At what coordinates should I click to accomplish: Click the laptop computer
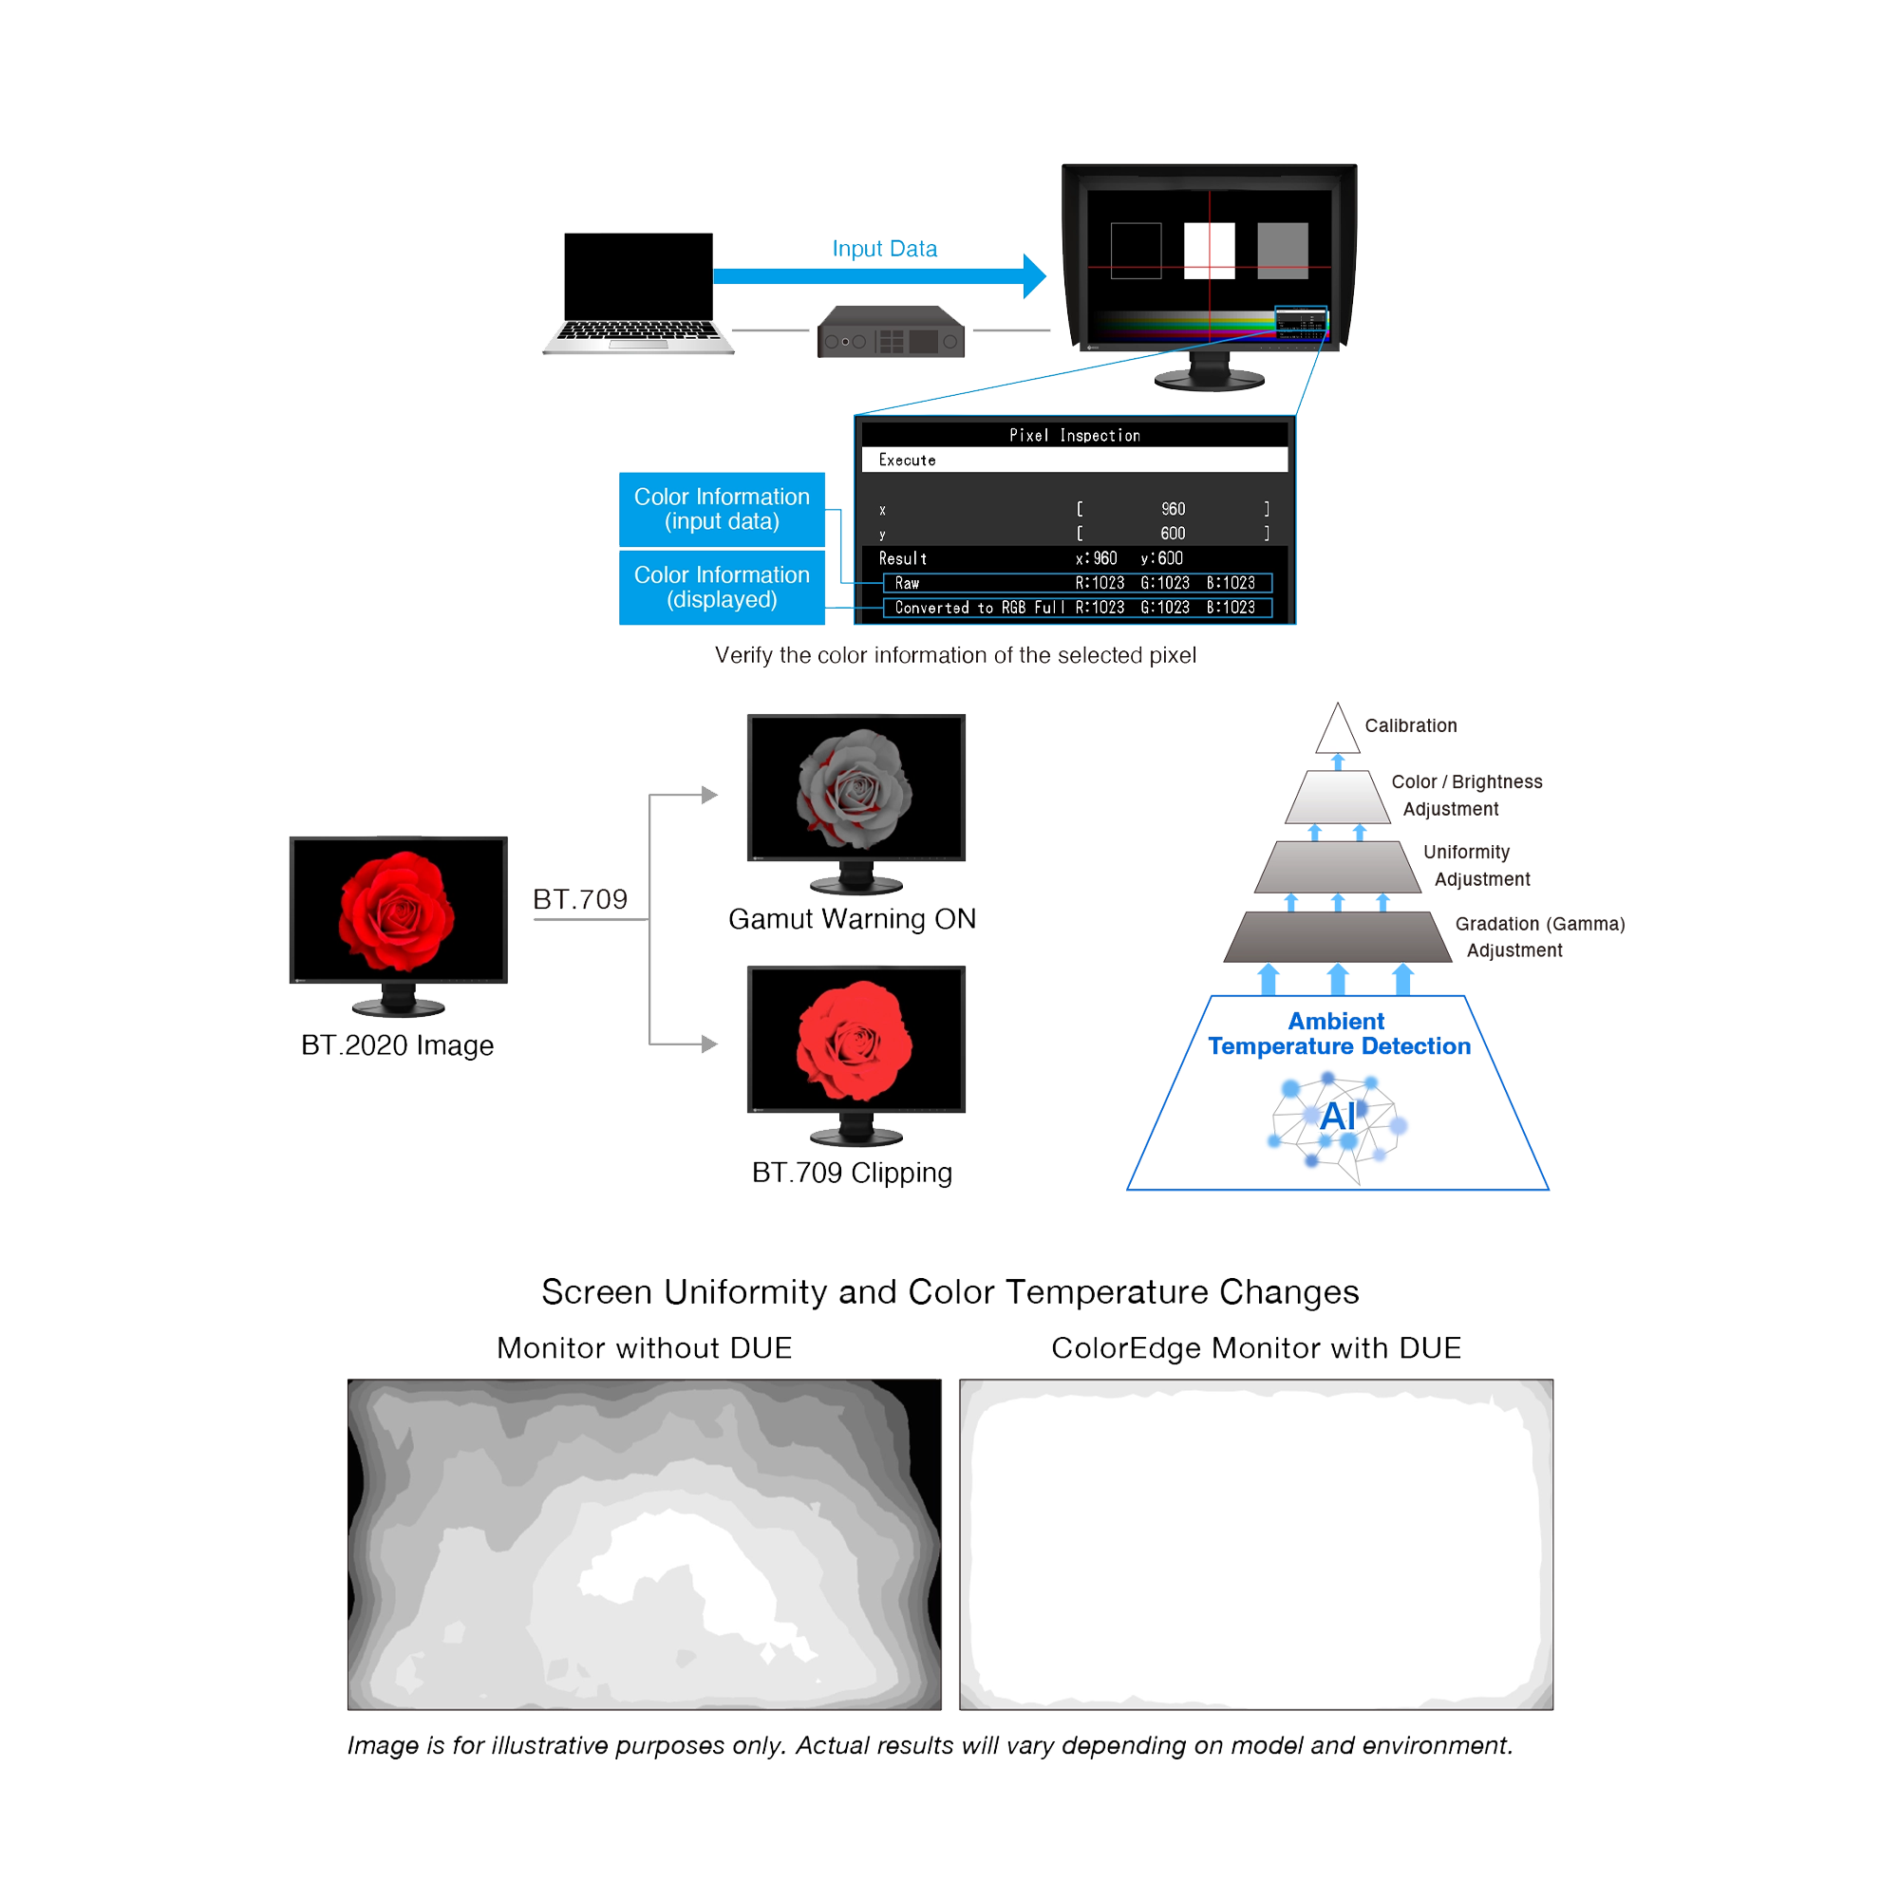pos(638,292)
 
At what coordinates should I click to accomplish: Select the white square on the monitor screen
pos(1209,250)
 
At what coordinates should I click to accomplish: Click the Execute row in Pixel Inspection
pos(1074,460)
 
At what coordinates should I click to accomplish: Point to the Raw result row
pos(1078,583)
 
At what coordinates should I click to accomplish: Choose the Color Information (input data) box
pos(722,509)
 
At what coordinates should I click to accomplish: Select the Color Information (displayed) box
pos(722,587)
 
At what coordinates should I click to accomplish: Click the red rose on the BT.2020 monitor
pos(397,909)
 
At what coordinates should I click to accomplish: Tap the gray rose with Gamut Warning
pos(855,787)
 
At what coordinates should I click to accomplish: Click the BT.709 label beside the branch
pos(580,898)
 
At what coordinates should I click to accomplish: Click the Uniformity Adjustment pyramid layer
pos(1337,867)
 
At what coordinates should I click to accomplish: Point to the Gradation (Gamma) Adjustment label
pos(1538,936)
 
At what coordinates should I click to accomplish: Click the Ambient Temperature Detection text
pos(1338,1033)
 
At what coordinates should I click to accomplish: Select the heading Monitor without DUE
pos(644,1347)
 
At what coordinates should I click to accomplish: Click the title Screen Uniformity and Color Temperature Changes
pos(949,1291)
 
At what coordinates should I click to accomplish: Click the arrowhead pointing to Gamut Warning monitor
pos(709,794)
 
